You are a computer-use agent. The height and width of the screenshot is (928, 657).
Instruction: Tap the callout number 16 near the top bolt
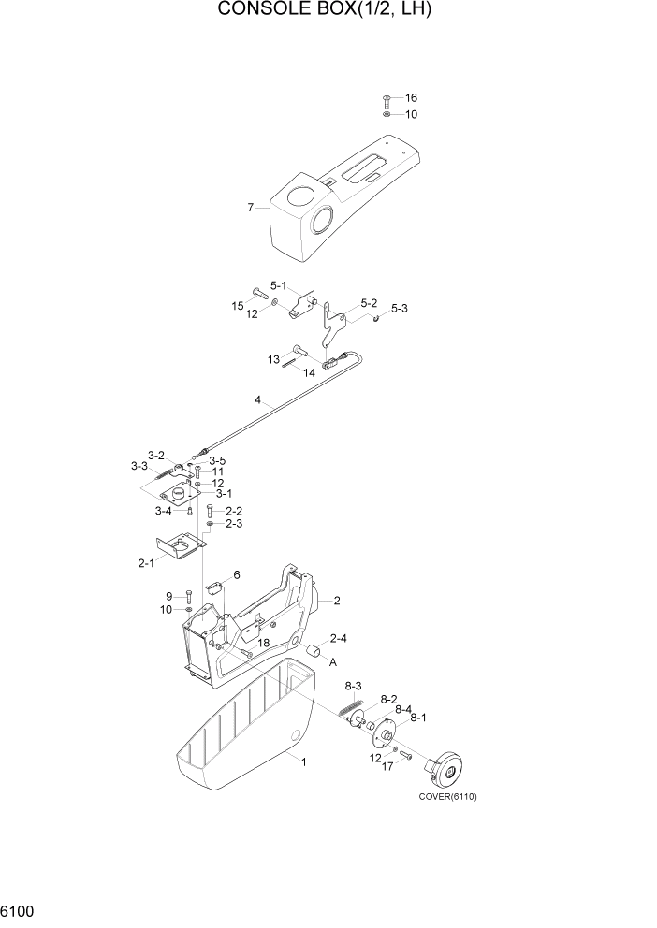411,98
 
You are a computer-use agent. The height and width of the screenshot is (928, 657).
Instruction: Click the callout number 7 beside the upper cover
251,207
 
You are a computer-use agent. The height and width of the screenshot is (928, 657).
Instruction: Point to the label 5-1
280,285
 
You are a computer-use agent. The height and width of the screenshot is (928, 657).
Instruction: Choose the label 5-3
399,308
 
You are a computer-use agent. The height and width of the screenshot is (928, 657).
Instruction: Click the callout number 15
238,305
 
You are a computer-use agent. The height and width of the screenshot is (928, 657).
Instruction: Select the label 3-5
217,460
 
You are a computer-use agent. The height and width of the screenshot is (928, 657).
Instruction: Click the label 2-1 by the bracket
146,563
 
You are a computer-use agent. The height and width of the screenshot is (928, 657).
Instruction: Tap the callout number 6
237,574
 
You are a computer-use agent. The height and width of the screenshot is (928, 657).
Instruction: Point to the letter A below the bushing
332,660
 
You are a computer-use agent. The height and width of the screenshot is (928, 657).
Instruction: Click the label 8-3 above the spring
354,686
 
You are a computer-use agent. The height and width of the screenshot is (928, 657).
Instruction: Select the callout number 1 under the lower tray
303,761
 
